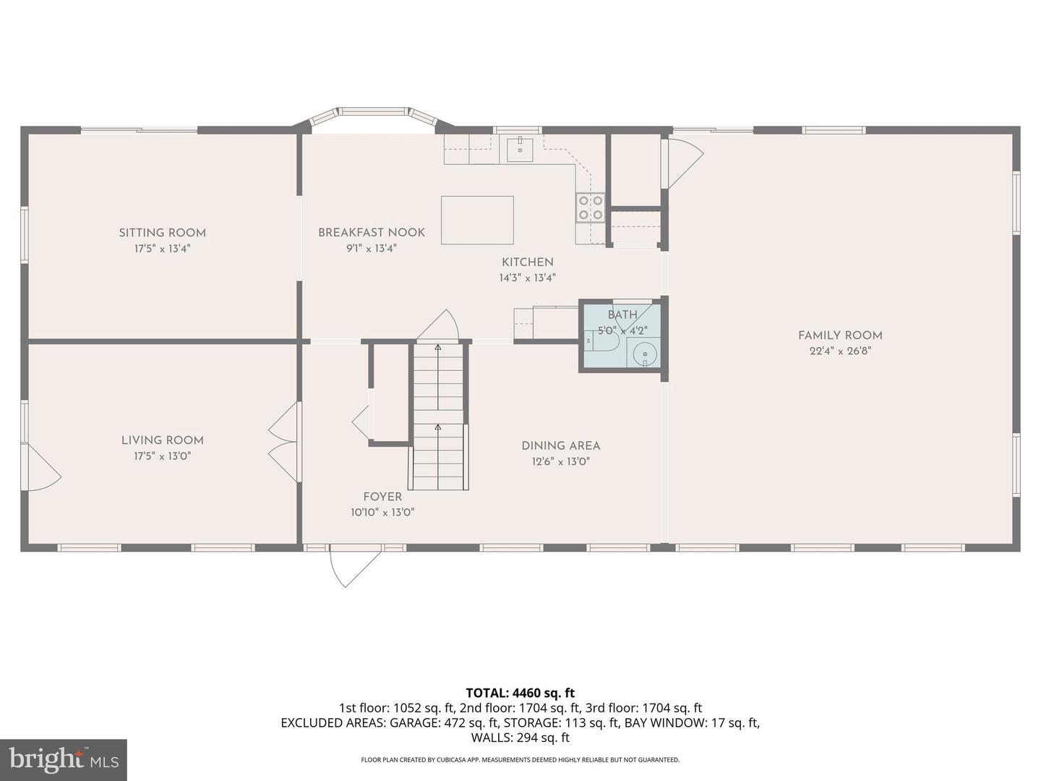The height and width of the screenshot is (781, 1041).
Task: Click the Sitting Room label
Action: (x=162, y=232)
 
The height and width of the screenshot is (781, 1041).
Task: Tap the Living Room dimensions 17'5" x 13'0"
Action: (x=162, y=456)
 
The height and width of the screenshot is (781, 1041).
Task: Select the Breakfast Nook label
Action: (x=371, y=232)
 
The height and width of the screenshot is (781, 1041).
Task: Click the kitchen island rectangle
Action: (x=477, y=220)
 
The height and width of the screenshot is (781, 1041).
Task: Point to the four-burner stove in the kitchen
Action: (x=590, y=207)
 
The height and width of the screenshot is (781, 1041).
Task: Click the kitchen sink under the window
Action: (x=520, y=149)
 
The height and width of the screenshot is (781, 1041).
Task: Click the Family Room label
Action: (x=840, y=335)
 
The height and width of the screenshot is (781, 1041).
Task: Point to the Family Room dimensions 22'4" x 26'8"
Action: (x=840, y=351)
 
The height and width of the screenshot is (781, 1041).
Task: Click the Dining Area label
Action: (x=560, y=445)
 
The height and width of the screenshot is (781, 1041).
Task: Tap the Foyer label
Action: (x=382, y=496)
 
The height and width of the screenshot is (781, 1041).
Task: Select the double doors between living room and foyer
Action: (x=285, y=441)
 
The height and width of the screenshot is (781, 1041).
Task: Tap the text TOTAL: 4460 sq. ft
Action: (x=520, y=693)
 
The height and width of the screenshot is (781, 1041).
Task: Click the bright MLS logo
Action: (x=64, y=759)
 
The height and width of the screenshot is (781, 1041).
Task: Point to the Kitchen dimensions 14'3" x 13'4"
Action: (x=527, y=278)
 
